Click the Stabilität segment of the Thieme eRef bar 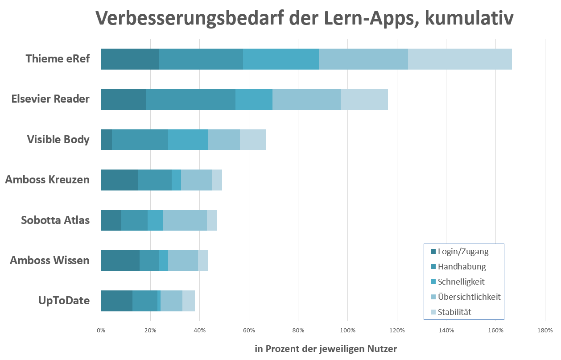[x=460, y=59]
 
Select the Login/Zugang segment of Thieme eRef [x=130, y=59]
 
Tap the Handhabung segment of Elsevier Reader [x=190, y=99]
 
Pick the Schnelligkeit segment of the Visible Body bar [x=188, y=140]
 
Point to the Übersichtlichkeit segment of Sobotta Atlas [x=185, y=220]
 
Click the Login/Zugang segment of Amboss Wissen [x=120, y=261]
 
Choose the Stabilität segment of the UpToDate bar [x=189, y=301]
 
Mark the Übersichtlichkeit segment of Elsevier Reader [x=306, y=99]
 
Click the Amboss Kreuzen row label [x=47, y=180]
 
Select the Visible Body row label [x=58, y=140]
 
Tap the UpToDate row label [x=64, y=301]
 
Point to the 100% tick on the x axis [x=347, y=331]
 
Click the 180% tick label [x=545, y=331]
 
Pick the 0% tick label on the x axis [x=101, y=331]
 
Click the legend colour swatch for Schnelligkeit [x=433, y=282]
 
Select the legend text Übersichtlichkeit [x=469, y=297]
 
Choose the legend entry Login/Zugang [x=463, y=252]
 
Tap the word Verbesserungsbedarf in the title [x=197, y=18]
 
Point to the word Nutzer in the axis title [x=382, y=349]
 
